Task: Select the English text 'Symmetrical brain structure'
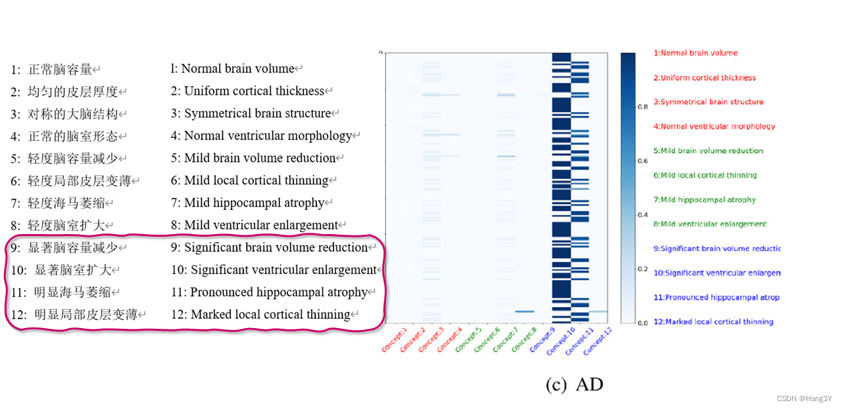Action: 257,113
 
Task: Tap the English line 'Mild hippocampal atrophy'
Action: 254,203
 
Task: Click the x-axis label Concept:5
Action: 469,339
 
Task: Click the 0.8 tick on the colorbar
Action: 643,107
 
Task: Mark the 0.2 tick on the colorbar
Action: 643,269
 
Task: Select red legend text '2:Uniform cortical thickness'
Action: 705,78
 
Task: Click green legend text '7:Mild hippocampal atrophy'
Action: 705,199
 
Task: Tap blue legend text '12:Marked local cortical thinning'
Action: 713,322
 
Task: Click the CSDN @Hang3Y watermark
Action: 805,399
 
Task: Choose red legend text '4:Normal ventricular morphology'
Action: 714,126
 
